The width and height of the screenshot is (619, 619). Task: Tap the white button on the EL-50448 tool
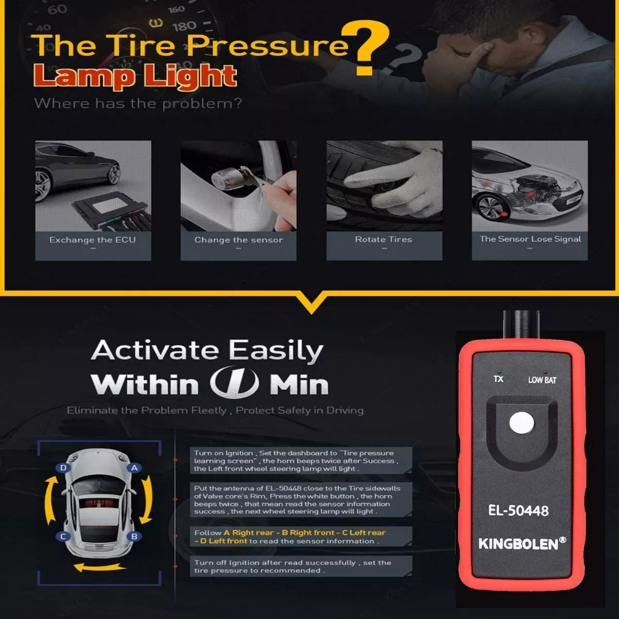point(522,423)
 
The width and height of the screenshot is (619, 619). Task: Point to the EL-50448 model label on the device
point(518,511)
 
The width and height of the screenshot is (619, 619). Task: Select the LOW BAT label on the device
point(542,380)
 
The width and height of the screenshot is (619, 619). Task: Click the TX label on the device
point(498,379)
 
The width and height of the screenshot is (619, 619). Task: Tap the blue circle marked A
point(134,468)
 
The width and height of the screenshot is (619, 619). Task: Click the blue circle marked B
point(134,536)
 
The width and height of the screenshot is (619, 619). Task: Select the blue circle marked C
point(63,536)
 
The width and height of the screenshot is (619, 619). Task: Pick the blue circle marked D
point(63,468)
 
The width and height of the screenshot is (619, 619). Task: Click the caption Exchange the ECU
point(92,240)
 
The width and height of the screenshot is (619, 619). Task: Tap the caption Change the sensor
point(239,240)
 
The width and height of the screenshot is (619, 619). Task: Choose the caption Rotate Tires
point(384,239)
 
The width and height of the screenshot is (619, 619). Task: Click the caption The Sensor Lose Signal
point(530,239)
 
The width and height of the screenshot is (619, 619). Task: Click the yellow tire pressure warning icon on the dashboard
point(156,23)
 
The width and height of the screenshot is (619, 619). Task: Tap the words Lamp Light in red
point(135,76)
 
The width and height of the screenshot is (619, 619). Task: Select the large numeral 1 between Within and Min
point(235,382)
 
